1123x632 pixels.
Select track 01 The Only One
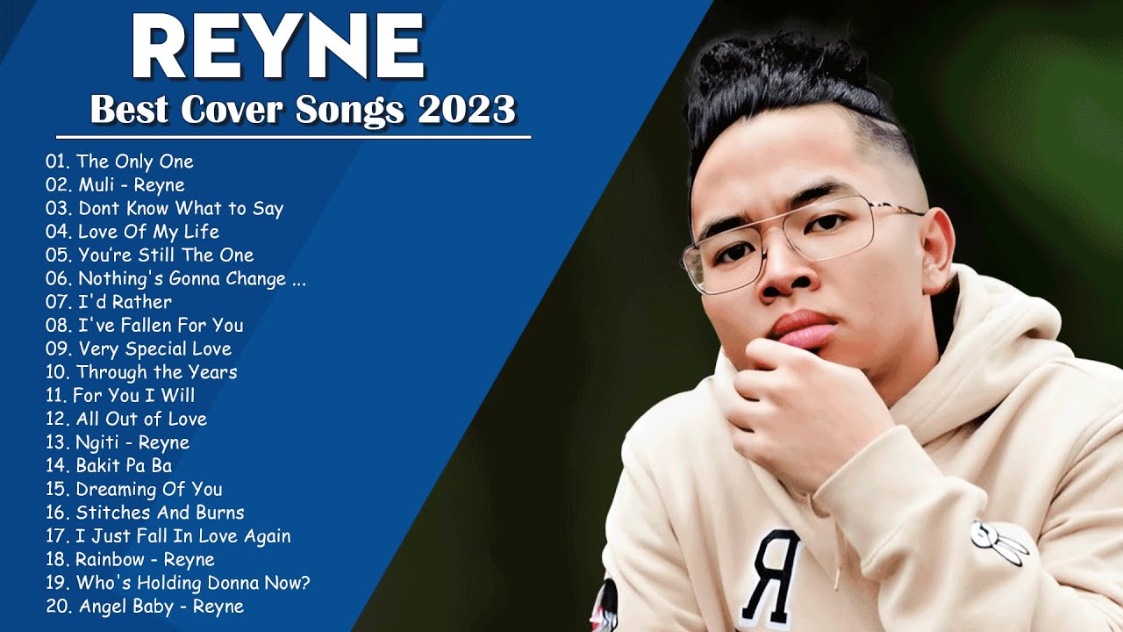click(119, 162)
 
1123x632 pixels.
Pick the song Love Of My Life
click(132, 232)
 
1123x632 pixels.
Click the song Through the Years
click(141, 372)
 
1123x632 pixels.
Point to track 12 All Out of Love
click(126, 419)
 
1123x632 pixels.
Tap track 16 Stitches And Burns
click(145, 513)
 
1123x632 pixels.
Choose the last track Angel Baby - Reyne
click(145, 607)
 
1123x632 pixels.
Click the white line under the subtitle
click(293, 137)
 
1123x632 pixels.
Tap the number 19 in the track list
click(57, 583)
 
